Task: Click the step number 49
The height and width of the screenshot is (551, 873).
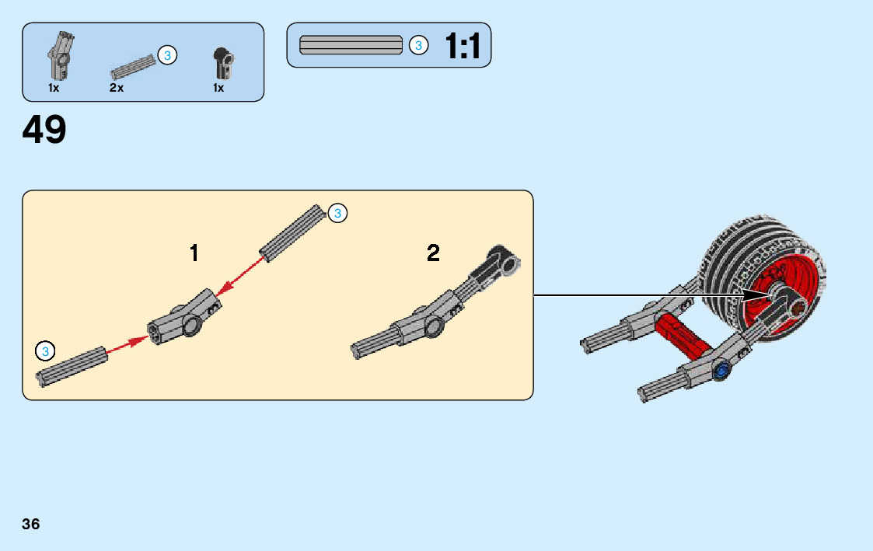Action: (44, 131)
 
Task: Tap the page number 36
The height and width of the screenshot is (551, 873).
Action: (31, 524)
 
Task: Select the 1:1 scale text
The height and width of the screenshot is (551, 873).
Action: (463, 47)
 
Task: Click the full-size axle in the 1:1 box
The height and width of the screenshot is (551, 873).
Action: (351, 45)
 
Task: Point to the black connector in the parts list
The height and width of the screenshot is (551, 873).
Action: (223, 64)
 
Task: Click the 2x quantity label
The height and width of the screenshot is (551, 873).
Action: (117, 88)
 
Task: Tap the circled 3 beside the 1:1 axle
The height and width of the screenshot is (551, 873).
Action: (418, 46)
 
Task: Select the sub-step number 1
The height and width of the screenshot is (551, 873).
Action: (194, 253)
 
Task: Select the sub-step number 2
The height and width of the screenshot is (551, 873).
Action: (433, 253)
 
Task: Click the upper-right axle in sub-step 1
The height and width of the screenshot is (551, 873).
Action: (292, 233)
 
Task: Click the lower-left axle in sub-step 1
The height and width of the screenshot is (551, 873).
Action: (72, 365)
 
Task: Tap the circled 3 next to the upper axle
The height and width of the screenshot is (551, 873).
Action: (337, 214)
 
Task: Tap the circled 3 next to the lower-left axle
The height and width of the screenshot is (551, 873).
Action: (45, 351)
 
